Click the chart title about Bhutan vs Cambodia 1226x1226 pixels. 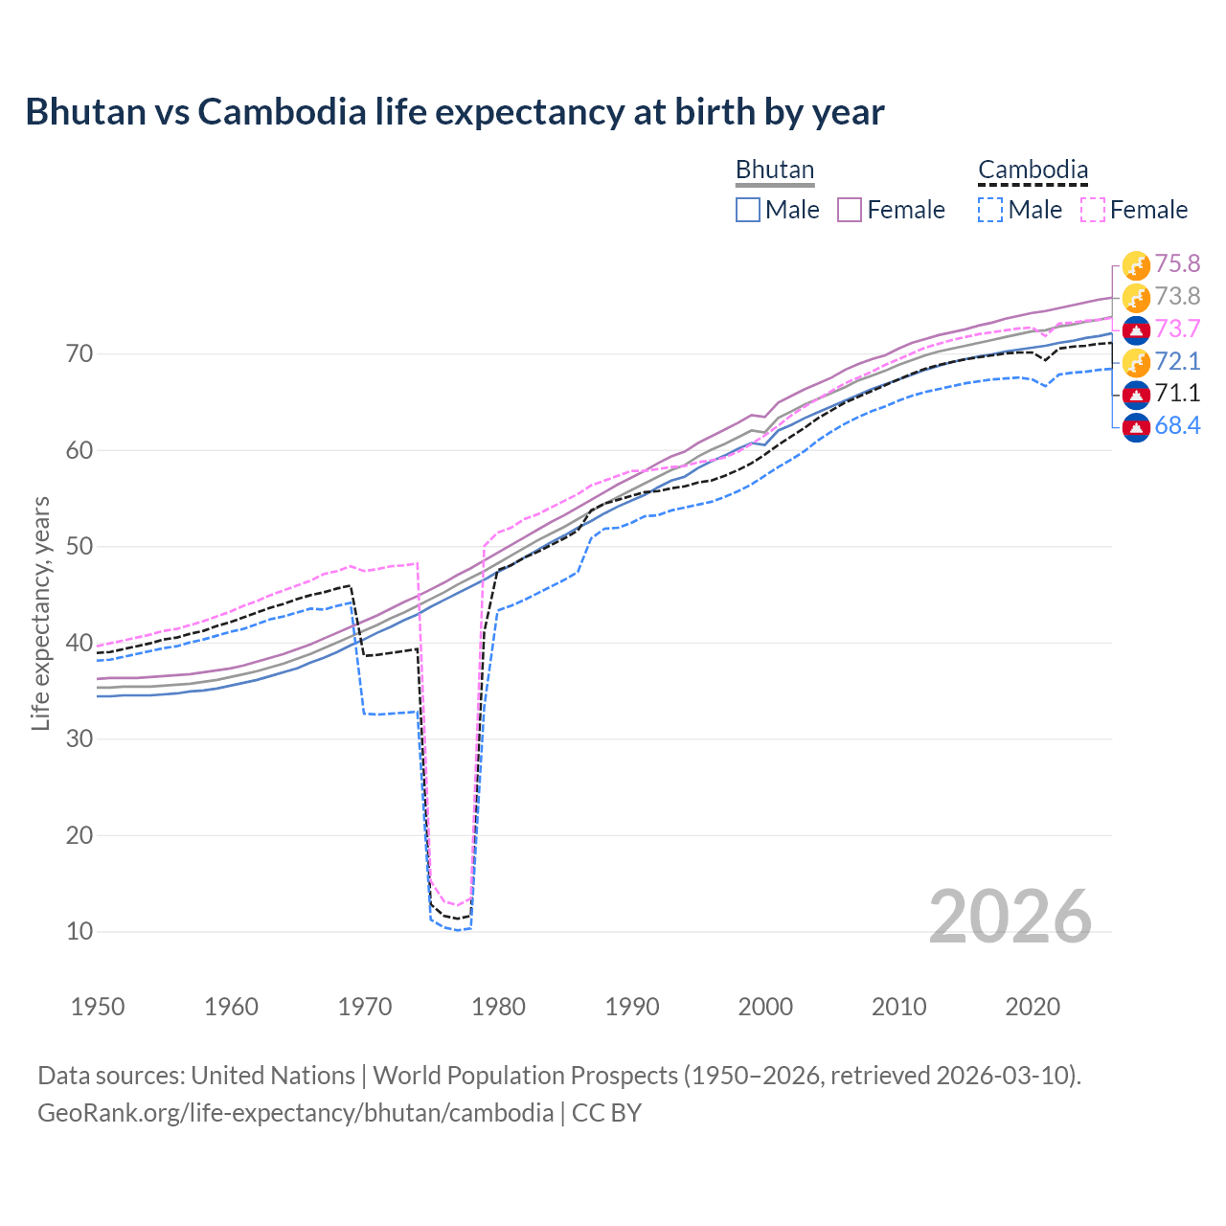coord(454,112)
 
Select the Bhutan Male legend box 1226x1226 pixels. coord(748,210)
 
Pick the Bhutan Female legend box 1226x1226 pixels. coord(850,210)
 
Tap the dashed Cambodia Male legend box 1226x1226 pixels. coord(990,210)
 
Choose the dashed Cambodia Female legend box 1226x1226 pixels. coord(1093,210)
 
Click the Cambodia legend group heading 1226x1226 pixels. coord(1033,170)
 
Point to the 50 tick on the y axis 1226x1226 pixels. coord(79,547)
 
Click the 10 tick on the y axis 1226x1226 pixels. coord(79,931)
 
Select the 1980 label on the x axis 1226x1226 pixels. coord(498,1007)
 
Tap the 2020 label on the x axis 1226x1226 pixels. coord(1033,1007)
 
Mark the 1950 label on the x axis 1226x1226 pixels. coord(98,1007)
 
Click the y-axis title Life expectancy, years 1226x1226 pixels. coord(40,613)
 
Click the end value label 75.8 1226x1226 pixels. coord(1177,264)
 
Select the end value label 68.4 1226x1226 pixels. coord(1177,426)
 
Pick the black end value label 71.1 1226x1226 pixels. coord(1177,394)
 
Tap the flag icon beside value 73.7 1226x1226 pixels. coord(1136,329)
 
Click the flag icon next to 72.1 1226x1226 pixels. coord(1136,362)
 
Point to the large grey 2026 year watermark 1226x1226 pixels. coord(1010,917)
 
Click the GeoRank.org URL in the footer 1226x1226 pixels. coord(295,1113)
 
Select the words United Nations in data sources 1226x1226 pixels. coord(273,1076)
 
